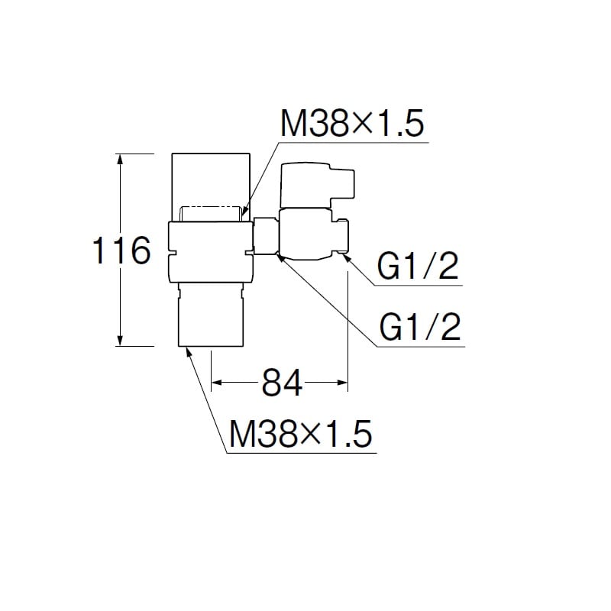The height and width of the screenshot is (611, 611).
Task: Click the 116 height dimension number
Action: pyautogui.click(x=121, y=250)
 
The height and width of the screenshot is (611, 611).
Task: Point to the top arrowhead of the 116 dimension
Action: pyautogui.click(x=120, y=159)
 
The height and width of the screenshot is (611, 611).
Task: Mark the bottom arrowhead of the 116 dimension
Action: pyautogui.click(x=120, y=341)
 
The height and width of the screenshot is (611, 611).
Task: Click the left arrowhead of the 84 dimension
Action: pyautogui.click(x=216, y=381)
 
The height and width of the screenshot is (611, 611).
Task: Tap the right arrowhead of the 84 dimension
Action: pyautogui.click(x=343, y=381)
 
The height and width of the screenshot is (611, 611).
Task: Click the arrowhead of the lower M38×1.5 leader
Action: pyautogui.click(x=190, y=351)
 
